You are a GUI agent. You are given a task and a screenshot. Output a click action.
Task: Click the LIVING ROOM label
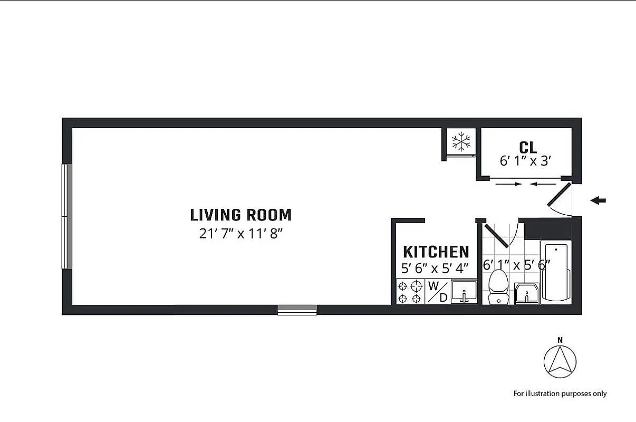240,215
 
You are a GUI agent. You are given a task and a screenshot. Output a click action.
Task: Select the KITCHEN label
436,252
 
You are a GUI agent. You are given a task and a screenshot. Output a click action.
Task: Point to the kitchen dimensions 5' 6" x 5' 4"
435,268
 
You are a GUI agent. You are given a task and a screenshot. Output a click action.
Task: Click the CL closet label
527,147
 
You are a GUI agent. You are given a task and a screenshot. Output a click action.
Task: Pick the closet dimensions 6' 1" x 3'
526,161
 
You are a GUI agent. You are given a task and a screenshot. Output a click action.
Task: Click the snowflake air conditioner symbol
461,141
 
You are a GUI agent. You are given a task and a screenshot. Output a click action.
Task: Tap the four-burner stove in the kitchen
410,292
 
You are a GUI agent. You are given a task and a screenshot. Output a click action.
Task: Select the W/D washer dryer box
437,292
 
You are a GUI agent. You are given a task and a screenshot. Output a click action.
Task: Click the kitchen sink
464,292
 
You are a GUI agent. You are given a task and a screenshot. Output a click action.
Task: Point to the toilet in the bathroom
498,287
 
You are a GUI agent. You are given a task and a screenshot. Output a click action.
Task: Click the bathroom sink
526,293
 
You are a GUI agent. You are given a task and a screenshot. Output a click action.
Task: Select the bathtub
555,271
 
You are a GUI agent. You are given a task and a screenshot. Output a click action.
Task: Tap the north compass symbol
560,362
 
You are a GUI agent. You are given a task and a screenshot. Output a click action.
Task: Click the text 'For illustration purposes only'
560,394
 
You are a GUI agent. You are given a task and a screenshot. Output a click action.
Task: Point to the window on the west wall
67,216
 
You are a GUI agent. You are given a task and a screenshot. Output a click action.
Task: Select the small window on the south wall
297,310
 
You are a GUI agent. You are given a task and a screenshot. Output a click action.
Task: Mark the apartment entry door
558,195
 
